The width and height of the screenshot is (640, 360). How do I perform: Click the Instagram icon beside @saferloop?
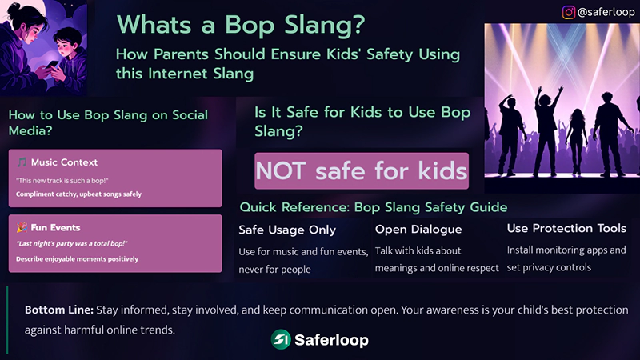[569, 12]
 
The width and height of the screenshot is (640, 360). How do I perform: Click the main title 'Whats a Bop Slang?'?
[241, 25]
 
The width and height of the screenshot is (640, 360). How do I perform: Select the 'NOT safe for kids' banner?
[361, 170]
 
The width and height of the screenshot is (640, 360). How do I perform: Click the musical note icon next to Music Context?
[22, 163]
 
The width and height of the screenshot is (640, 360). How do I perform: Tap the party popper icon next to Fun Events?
[22, 228]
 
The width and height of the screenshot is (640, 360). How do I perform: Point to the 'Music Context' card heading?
[64, 163]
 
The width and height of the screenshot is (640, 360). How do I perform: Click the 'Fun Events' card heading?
[56, 228]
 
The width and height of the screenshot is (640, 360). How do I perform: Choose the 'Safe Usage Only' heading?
[287, 230]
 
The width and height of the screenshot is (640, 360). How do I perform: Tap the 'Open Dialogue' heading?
[418, 230]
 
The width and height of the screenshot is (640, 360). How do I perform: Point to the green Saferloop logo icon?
[280, 340]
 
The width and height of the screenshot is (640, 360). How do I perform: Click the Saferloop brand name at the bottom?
[331, 340]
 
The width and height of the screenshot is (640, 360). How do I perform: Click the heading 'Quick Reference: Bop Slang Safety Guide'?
[374, 207]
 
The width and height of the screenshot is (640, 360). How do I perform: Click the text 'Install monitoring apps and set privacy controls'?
[566, 258]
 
